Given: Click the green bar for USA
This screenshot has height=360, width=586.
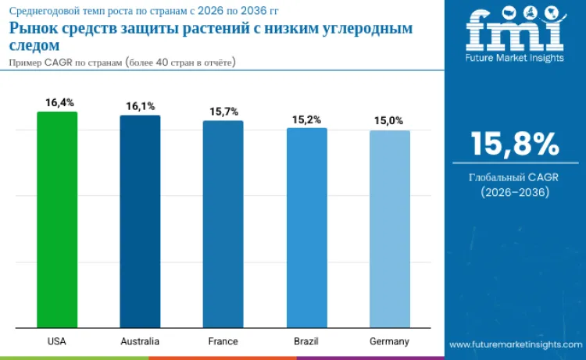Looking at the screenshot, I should [x=57, y=219].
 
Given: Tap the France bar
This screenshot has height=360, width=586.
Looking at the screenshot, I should [x=223, y=224].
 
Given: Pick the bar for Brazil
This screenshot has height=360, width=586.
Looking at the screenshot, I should [x=306, y=227].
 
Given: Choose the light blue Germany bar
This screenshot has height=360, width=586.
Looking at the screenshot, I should [x=389, y=229].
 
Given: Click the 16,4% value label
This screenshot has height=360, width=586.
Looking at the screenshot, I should [x=58, y=102].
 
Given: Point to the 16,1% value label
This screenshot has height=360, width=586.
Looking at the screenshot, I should [x=141, y=106].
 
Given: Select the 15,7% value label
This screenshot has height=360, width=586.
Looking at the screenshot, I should [x=223, y=112].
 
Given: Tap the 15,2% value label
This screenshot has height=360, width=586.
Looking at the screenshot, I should [x=306, y=119].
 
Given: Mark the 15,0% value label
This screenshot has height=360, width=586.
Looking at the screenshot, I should [x=389, y=121].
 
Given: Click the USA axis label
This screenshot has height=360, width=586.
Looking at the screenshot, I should [x=56, y=341].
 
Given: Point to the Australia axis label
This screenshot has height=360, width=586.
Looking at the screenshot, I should [x=140, y=341].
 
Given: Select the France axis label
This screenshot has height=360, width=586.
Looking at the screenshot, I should [x=223, y=341].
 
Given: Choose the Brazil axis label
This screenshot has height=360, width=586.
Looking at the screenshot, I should [x=306, y=341].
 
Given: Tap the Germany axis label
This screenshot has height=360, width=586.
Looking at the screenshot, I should [x=389, y=341].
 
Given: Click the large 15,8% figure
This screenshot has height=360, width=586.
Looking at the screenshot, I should [x=514, y=144].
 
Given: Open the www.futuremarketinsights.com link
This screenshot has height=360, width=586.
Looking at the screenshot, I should [x=514, y=344].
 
